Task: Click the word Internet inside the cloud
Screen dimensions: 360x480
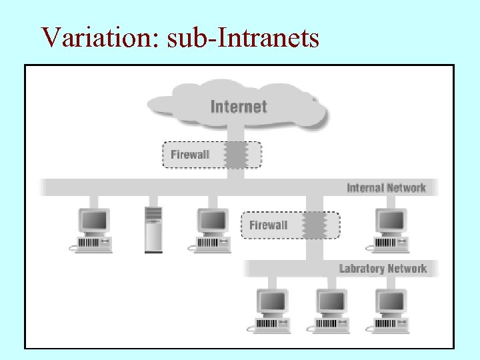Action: point(238,107)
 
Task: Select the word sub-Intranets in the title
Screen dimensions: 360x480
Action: point(243,37)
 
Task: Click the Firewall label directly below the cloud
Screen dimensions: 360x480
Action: point(190,155)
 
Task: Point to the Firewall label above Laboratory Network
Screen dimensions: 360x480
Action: point(268,225)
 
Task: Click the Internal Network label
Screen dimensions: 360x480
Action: point(386,188)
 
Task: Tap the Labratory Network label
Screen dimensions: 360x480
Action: point(383,269)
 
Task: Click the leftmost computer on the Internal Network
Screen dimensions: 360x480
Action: point(92,229)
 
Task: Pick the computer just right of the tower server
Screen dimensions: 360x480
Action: point(211,229)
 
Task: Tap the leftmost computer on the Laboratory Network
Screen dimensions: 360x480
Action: point(271,310)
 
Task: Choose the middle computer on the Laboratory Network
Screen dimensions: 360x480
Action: point(331,310)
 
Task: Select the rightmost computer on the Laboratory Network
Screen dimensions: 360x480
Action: point(390,310)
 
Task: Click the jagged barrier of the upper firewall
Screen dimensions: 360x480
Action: point(235,155)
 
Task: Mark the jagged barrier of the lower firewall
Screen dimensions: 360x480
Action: point(313,225)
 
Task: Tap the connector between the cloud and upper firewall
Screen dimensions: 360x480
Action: point(235,135)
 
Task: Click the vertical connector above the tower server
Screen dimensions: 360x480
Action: point(153,201)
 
